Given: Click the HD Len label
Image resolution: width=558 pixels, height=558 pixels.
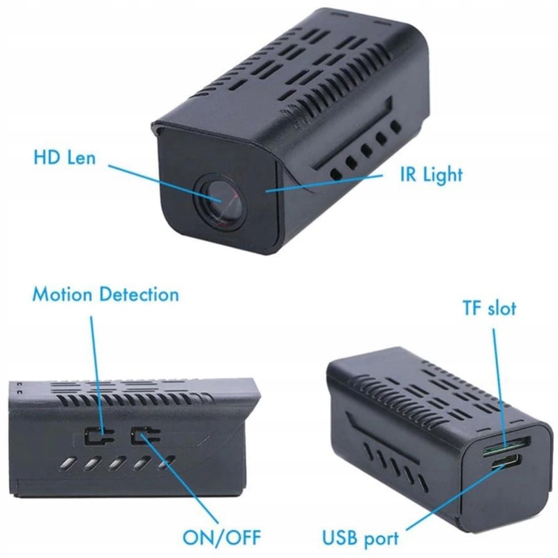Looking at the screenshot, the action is tap(65, 158).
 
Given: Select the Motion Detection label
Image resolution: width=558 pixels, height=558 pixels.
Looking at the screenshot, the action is tap(105, 294).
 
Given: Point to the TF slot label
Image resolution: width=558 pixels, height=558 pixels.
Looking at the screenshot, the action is tap(489, 308).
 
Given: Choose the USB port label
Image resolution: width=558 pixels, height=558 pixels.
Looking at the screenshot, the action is tap(360, 538).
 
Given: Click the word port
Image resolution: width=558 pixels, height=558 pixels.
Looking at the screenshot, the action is tap(379, 538).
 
